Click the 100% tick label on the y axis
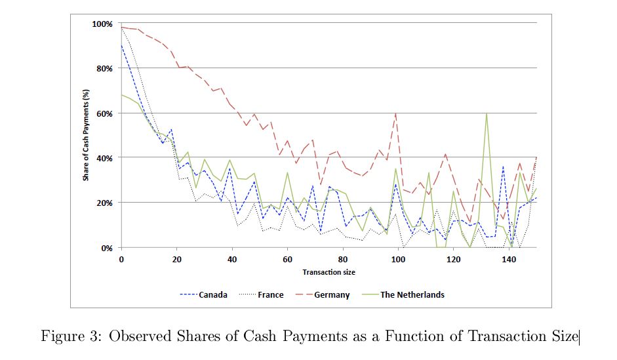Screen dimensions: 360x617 (103, 24)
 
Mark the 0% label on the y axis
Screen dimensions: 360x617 (107, 248)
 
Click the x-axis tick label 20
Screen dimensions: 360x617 (176, 260)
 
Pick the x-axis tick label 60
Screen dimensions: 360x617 (287, 260)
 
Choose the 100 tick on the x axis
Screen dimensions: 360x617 (398, 260)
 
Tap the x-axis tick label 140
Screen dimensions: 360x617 (509, 260)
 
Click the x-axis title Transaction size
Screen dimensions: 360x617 (328, 271)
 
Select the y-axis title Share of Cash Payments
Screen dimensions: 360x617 (85, 136)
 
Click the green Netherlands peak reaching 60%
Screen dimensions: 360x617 (486, 113)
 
